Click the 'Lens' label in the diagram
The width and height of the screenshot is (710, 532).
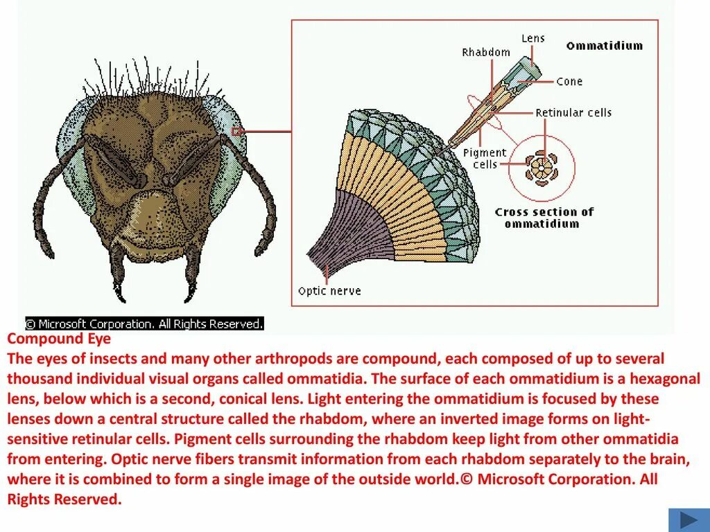[x=533, y=39]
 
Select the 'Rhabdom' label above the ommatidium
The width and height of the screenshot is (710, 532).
[x=486, y=53]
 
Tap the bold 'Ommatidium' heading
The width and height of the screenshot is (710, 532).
[x=604, y=46]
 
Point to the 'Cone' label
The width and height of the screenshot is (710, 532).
[x=569, y=82]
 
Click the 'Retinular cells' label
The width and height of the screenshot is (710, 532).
[x=573, y=113]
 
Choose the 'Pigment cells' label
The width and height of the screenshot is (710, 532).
[x=485, y=159]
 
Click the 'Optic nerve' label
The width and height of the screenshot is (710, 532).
[x=329, y=291]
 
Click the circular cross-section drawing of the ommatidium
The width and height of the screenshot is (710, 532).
[x=541, y=168]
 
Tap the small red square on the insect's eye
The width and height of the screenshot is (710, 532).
[x=237, y=131]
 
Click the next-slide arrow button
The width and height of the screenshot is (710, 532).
[x=689, y=520]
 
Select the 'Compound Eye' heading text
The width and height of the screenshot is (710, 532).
[x=59, y=339]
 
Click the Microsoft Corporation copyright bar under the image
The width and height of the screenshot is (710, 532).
[x=145, y=323]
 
